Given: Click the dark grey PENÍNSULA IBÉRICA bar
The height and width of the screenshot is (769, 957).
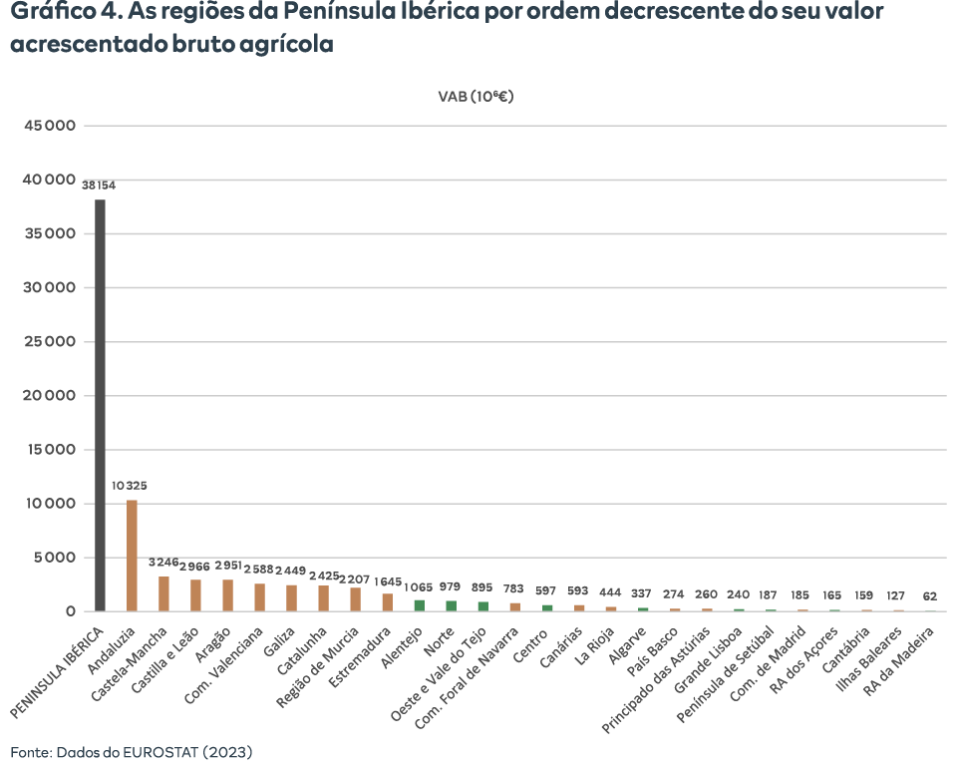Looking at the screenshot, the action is (x=100, y=405).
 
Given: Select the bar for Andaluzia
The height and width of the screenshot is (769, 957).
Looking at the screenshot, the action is (x=132, y=556).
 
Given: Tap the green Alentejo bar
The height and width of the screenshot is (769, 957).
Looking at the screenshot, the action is (x=420, y=605).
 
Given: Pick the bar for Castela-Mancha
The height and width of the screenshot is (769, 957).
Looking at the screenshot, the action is (x=163, y=593).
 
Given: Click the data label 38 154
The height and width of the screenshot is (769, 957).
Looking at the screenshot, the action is (x=99, y=186).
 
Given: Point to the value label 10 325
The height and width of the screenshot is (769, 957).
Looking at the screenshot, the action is (x=130, y=486).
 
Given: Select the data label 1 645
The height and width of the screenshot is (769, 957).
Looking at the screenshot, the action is (x=388, y=582).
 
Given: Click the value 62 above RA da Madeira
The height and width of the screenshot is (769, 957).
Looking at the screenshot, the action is (x=929, y=596).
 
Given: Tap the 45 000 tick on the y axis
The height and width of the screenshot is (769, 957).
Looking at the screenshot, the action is (x=50, y=126).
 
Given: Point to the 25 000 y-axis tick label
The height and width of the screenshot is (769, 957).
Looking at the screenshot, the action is (x=50, y=341).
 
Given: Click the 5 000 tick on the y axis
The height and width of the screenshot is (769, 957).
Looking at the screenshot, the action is (x=54, y=558).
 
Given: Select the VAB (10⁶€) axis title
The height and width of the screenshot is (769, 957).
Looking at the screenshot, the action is (x=477, y=97).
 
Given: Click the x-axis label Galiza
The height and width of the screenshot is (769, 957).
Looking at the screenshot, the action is (x=279, y=641).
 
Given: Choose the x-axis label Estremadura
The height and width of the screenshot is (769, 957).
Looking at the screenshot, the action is (x=360, y=657).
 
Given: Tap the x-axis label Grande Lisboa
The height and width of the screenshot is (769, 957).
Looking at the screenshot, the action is (x=708, y=660).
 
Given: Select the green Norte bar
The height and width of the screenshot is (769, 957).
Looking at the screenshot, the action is (x=451, y=606).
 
